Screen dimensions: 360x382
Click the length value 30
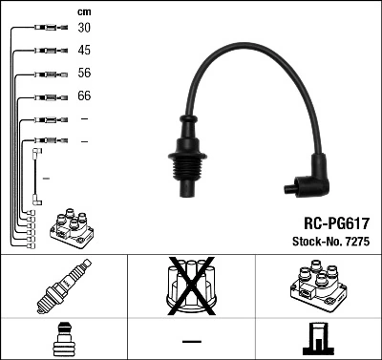point(84,29)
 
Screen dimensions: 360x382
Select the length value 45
point(84,51)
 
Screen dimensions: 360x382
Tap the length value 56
point(84,74)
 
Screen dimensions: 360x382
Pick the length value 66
point(84,96)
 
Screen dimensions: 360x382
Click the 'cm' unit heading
point(84,11)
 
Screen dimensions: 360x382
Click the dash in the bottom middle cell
point(191,340)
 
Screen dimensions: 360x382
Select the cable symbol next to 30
point(46,29)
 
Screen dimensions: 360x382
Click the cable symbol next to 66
point(46,96)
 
